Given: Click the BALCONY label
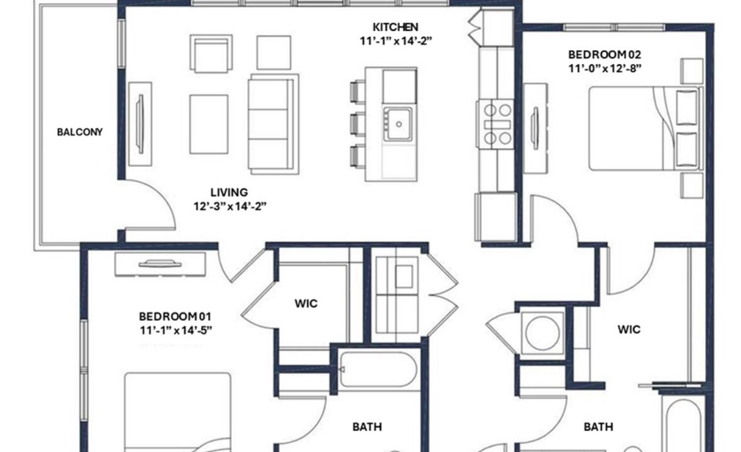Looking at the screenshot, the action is coord(80,132).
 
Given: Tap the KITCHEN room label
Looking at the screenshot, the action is coord(395,27).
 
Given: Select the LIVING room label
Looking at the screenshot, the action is coord(229,193).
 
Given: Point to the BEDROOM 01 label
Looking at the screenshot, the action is coord(175,316).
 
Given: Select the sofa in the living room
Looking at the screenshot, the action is coord(273,124).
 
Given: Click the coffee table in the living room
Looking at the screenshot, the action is coord(209,124).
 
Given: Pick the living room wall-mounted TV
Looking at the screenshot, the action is coord(140,124).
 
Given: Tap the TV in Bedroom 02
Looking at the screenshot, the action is coord(535,128).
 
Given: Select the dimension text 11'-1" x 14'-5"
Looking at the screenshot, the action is coord(176,330).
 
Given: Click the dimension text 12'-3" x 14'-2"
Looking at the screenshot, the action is coord(230,207).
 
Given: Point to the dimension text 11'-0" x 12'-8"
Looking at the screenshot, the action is coord(605,69).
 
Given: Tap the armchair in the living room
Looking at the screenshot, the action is coord(211,53).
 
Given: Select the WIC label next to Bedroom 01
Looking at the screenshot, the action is coord(306,303).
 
